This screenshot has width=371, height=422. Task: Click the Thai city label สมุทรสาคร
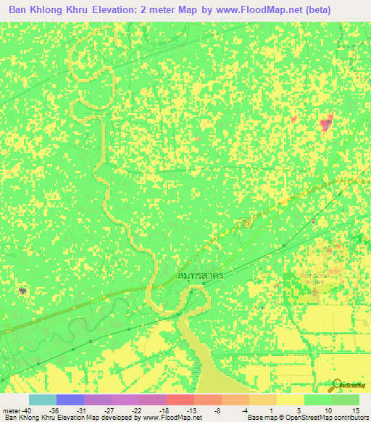(x=200, y=276)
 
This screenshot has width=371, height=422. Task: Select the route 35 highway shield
(x=246, y=224)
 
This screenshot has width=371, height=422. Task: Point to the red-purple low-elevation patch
(x=327, y=123)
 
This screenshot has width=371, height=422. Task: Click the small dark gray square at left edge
(x=22, y=291)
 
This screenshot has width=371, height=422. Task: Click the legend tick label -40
(x=27, y=410)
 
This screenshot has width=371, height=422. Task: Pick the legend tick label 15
(x=354, y=410)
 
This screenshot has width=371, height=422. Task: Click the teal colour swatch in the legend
(x=42, y=400)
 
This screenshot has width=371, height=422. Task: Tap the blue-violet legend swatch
(x=70, y=400)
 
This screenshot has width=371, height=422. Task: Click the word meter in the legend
(x=9, y=410)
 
